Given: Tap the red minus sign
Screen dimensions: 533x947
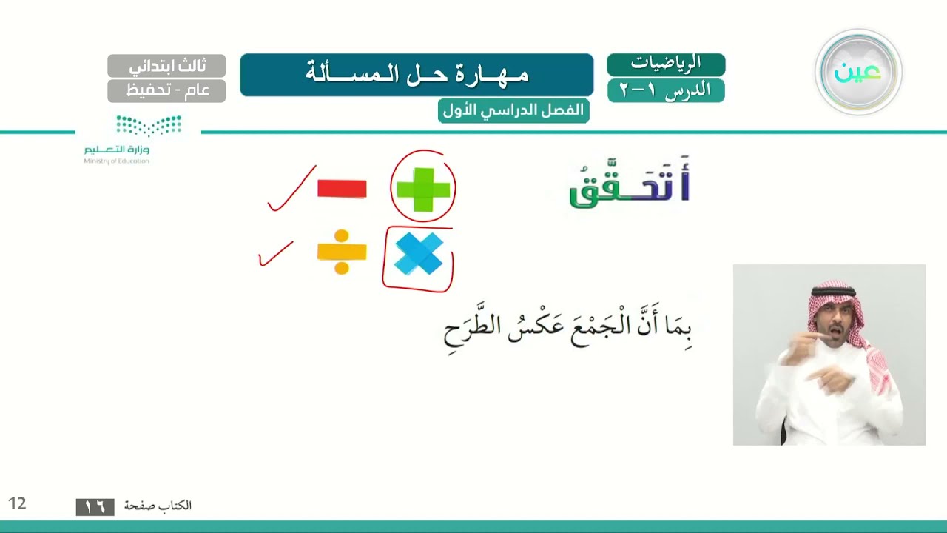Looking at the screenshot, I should (342, 189).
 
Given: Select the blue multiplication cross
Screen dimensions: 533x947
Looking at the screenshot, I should (419, 254).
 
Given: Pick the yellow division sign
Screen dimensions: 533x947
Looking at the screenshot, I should (342, 252).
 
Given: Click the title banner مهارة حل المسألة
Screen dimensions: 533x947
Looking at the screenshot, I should (417, 75).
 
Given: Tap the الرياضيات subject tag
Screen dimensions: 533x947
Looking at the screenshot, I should (666, 64).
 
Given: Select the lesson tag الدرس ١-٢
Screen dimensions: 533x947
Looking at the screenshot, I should (666, 90).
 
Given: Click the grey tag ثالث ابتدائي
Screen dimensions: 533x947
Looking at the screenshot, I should (166, 66).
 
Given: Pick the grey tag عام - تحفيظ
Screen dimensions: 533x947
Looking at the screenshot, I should (166, 90).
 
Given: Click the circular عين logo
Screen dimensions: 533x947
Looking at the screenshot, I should (858, 73).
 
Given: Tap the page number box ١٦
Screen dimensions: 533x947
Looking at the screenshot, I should (95, 507).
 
